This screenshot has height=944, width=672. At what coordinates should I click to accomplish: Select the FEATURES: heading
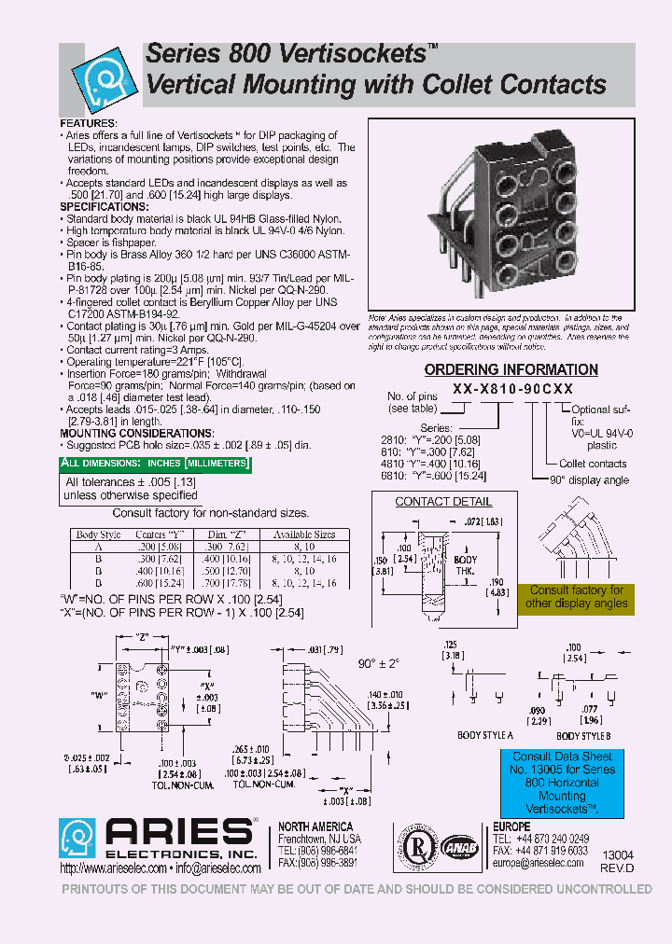89,123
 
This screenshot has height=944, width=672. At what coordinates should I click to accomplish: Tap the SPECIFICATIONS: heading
104,206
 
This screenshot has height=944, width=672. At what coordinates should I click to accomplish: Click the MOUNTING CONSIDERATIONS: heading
136,434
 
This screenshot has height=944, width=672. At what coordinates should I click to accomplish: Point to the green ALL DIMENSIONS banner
154,463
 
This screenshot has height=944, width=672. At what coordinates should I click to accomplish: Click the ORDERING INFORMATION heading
511,370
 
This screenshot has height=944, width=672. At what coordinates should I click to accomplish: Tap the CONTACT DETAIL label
430,501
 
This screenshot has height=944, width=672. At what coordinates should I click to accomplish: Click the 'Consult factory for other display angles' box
576,597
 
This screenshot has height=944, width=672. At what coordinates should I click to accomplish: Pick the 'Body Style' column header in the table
99,534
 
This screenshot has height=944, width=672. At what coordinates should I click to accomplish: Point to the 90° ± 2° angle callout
379,663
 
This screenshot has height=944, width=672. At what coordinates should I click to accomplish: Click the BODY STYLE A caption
484,735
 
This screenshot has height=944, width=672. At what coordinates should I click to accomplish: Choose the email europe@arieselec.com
540,864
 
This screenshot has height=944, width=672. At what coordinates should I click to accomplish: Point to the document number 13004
618,855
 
